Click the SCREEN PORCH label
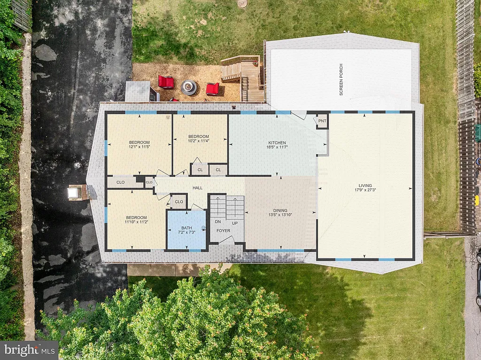point(341,79)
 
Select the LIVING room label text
point(365,188)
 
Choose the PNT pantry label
point(322,121)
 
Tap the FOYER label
point(223,231)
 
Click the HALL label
point(198,188)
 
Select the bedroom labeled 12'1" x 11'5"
point(139,145)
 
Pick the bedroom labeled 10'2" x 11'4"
point(198,139)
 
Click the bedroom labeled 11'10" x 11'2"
point(136,220)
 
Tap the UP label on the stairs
point(235,223)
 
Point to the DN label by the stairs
point(218,221)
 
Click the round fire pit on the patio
point(189,87)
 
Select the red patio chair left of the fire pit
point(166,82)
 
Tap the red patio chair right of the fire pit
point(212,88)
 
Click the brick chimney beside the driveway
point(77,192)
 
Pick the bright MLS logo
point(29,350)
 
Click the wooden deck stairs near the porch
point(231,70)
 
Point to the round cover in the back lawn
point(242,3)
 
